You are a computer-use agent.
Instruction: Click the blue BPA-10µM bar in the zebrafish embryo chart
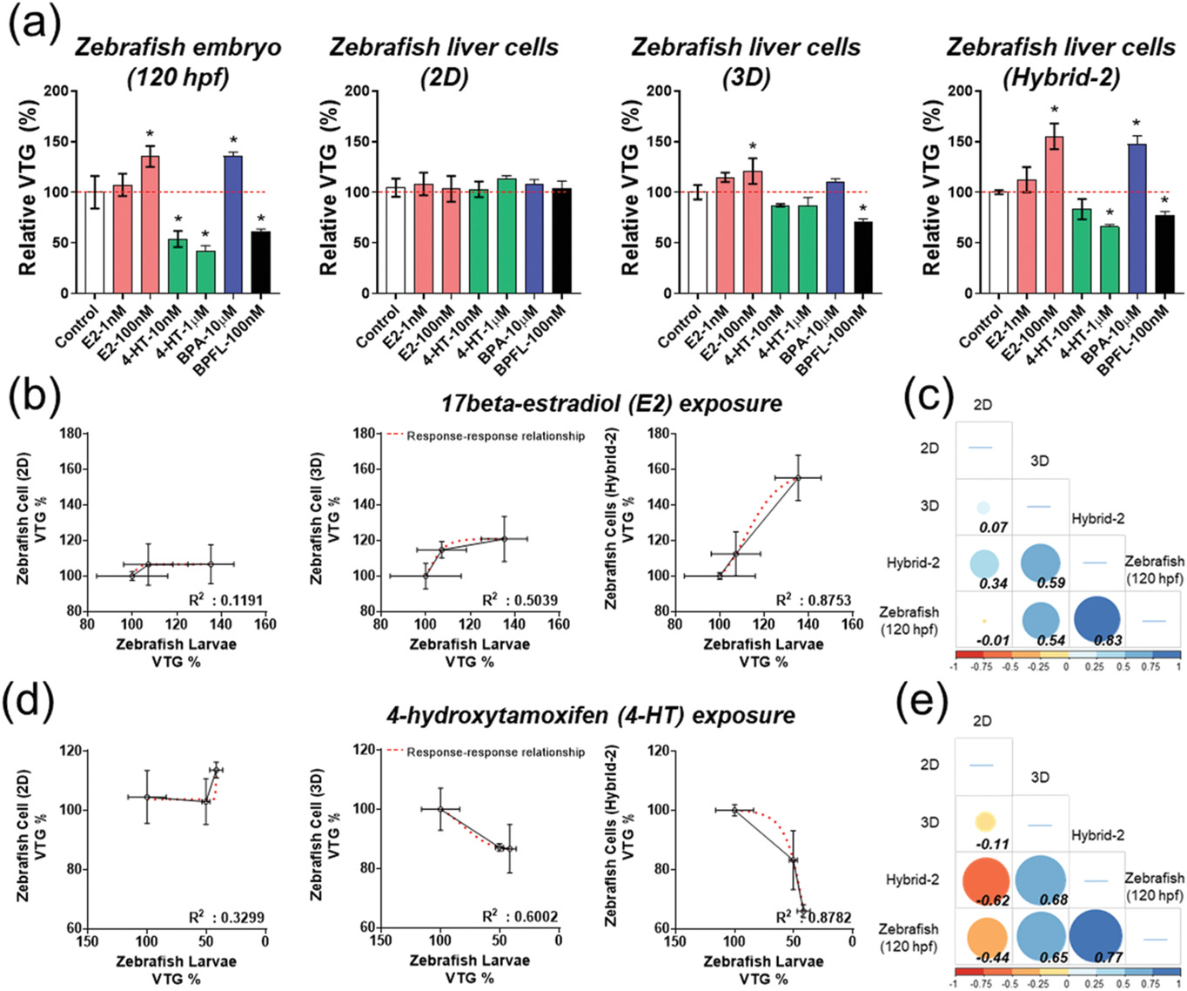[233, 225]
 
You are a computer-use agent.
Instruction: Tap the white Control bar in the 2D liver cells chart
[396, 240]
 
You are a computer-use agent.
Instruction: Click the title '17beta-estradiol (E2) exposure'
[611, 404]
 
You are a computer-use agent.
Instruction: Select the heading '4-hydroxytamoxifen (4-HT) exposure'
[590, 716]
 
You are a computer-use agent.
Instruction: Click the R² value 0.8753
[814, 600]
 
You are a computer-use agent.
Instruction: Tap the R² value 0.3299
[227, 917]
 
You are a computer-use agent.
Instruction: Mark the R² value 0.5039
[520, 600]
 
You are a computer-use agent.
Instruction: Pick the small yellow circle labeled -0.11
[984, 821]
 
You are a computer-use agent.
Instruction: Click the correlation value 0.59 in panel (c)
[1050, 583]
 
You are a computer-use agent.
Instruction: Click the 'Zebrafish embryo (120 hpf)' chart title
[178, 62]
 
